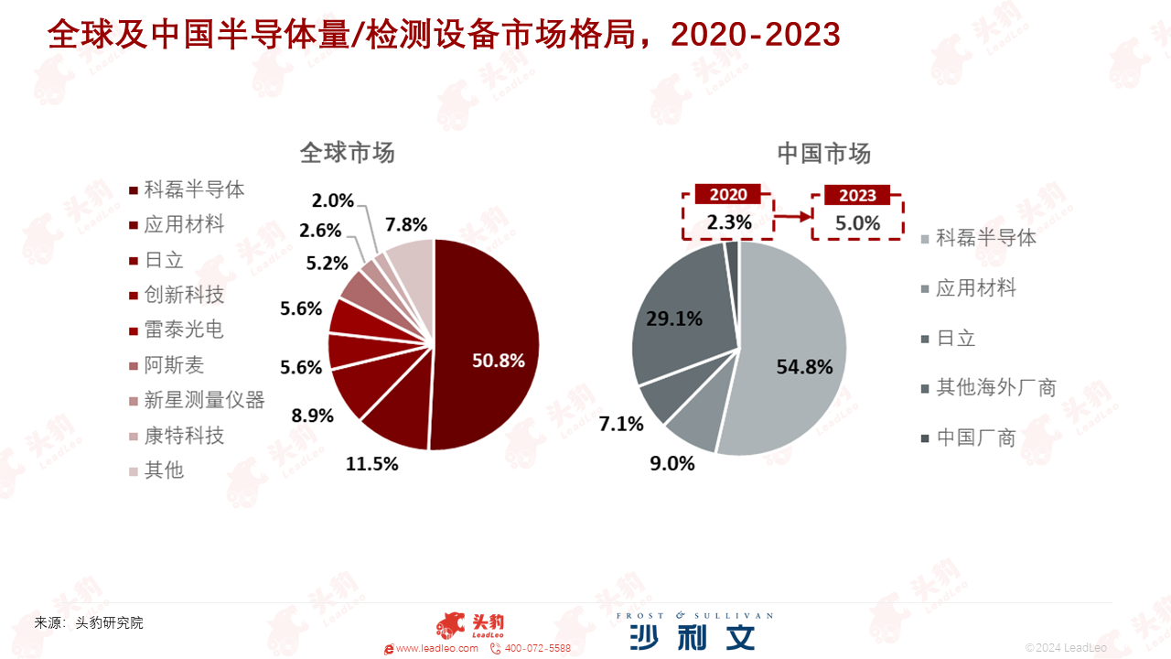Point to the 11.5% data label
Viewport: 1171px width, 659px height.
click(371, 464)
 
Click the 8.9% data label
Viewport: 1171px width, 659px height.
click(312, 416)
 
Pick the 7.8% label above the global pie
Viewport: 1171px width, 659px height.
click(406, 225)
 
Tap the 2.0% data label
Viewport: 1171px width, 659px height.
click(332, 200)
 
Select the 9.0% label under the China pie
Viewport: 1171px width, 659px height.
click(671, 463)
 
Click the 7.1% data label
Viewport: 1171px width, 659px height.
click(620, 424)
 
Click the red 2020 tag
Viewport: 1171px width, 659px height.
click(727, 195)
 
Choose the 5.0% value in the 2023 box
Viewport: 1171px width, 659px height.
click(857, 223)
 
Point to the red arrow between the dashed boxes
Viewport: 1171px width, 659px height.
click(792, 216)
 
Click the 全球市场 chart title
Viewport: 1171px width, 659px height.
click(347, 153)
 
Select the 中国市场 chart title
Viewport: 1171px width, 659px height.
click(824, 153)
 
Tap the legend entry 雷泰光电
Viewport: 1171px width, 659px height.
click(177, 330)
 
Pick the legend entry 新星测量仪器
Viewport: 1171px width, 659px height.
click(197, 400)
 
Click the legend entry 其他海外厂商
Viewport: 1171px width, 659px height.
click(989, 387)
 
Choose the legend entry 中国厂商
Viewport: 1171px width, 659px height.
click(968, 438)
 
